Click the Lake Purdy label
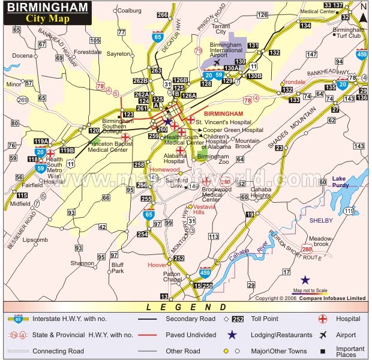click(x=344, y=184)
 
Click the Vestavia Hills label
click(x=203, y=209)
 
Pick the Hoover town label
click(x=157, y=264)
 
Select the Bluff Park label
click(x=118, y=268)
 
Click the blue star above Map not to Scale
click(x=306, y=280)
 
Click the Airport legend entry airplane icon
click(x=323, y=335)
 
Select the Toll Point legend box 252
click(x=238, y=319)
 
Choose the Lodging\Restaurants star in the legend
click(x=232, y=335)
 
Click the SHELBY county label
click(x=320, y=220)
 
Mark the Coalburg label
click(x=128, y=10)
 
